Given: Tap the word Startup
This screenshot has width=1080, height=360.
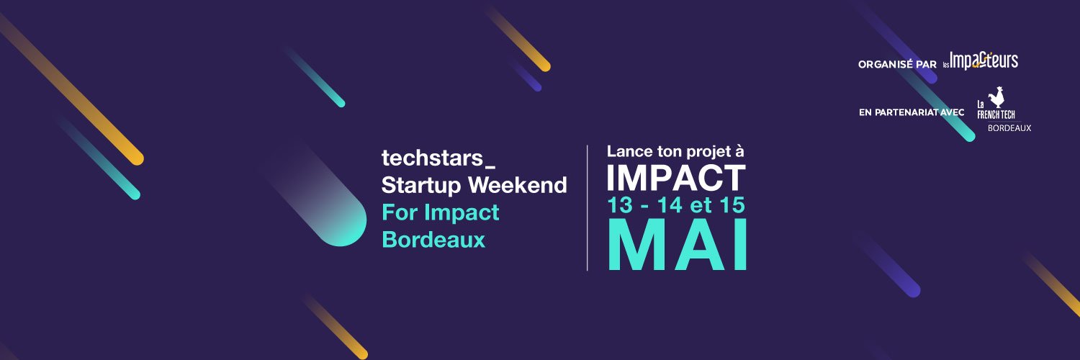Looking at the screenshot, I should (422, 186).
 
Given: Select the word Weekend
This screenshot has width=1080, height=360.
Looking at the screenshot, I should (518, 185).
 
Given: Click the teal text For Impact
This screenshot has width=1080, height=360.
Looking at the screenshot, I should (440, 212).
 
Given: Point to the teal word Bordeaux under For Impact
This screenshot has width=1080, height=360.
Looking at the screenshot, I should (433, 239).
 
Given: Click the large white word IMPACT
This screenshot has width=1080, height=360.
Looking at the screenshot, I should (675, 178).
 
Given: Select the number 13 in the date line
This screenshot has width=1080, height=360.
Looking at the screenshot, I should (621, 206).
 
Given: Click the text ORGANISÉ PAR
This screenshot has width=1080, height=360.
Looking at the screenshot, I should (896, 65).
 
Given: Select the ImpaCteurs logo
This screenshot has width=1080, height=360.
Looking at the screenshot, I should (983, 62).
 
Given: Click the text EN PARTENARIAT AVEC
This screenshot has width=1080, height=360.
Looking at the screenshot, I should (912, 112).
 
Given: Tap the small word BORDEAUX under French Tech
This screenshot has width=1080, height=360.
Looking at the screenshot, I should (1009, 127).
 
